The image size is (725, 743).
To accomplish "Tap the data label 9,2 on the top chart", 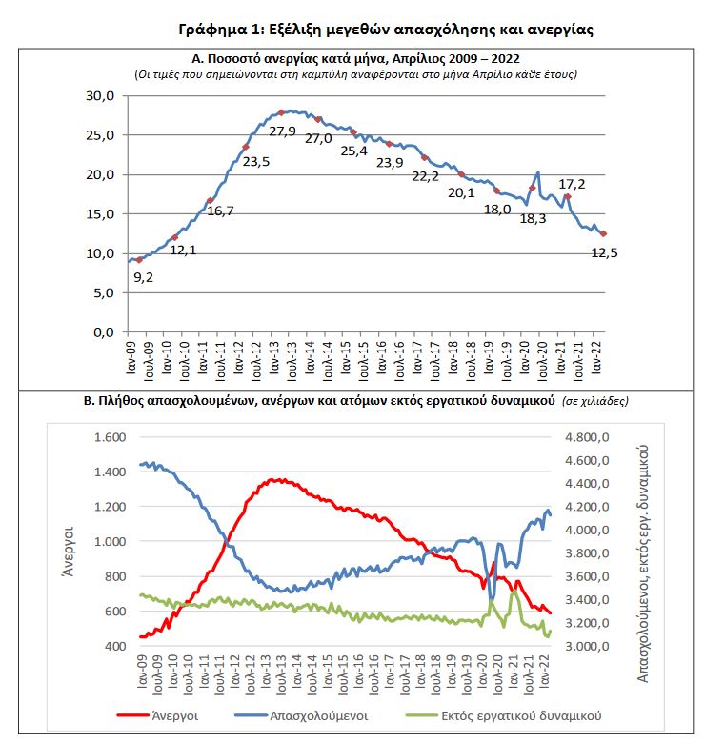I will (143, 277).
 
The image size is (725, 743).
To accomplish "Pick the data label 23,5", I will (256, 161).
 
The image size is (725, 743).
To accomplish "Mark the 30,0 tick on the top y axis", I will (99, 95).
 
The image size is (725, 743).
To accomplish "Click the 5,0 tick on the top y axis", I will (103, 292).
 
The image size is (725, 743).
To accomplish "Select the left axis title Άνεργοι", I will (70, 540).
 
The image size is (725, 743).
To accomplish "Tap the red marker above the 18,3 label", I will (532, 189).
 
